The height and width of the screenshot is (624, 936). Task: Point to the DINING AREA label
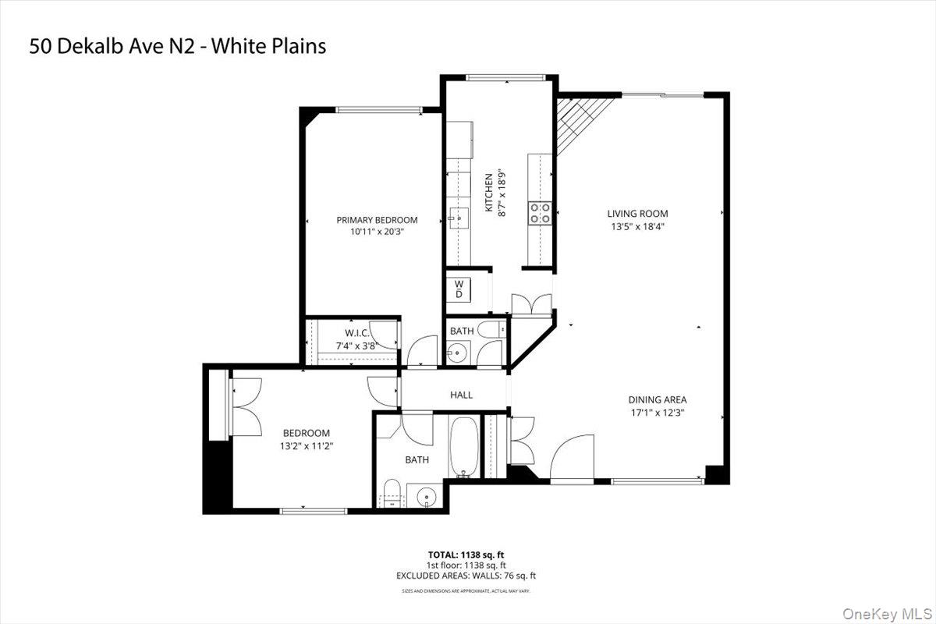pos(657,399)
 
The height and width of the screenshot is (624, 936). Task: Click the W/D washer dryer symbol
pos(459,289)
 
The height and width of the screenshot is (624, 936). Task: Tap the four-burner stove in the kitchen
pos(540,213)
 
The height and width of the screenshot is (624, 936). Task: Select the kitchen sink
pos(456,219)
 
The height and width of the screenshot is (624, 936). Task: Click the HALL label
pos(461,395)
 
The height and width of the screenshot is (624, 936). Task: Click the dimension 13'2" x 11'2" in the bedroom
pos(306,446)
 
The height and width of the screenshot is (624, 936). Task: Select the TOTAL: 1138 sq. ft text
pos(465,555)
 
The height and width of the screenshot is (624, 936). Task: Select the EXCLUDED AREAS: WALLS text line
pos(465,576)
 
